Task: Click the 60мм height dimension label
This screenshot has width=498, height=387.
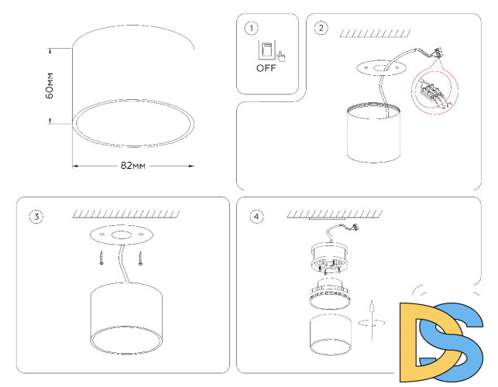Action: point(49,86)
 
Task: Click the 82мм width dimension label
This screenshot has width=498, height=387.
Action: point(133,166)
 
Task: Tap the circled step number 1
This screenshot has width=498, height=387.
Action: point(251,29)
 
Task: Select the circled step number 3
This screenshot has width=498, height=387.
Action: point(36,216)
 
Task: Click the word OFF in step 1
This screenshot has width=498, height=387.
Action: point(266,68)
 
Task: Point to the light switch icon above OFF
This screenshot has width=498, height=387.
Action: point(266,51)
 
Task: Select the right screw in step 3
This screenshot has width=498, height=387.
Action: point(140,257)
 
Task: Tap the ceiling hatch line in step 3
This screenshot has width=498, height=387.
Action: point(125,214)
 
